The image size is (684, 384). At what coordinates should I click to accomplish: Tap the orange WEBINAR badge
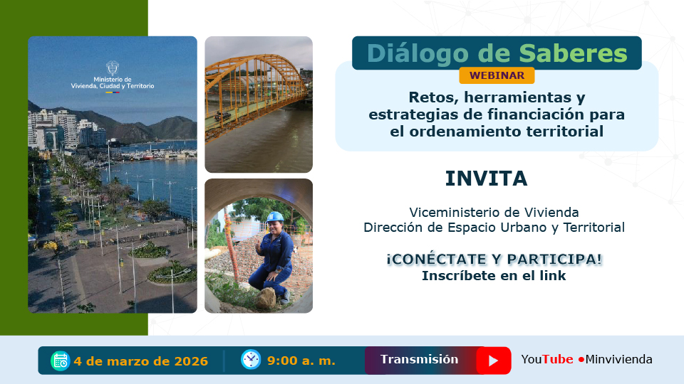(497, 75)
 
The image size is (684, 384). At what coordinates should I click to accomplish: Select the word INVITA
(486, 178)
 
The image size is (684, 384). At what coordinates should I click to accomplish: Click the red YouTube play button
(493, 361)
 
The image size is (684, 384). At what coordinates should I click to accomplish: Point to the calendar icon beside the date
(60, 361)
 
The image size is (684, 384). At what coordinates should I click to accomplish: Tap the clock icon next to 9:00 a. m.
(250, 360)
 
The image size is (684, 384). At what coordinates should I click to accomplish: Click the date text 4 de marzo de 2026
(140, 361)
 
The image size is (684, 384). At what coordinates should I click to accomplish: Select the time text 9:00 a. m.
(301, 361)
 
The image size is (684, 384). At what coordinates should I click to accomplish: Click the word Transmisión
(419, 359)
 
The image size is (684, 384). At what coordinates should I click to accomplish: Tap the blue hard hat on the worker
(275, 216)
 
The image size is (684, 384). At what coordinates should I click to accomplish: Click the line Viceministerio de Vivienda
(494, 212)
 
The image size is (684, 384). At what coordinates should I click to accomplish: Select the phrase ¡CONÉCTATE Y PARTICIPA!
(494, 259)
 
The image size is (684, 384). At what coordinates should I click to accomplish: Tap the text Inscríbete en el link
(494, 276)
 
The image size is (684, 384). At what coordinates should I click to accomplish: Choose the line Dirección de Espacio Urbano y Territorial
(494, 228)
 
